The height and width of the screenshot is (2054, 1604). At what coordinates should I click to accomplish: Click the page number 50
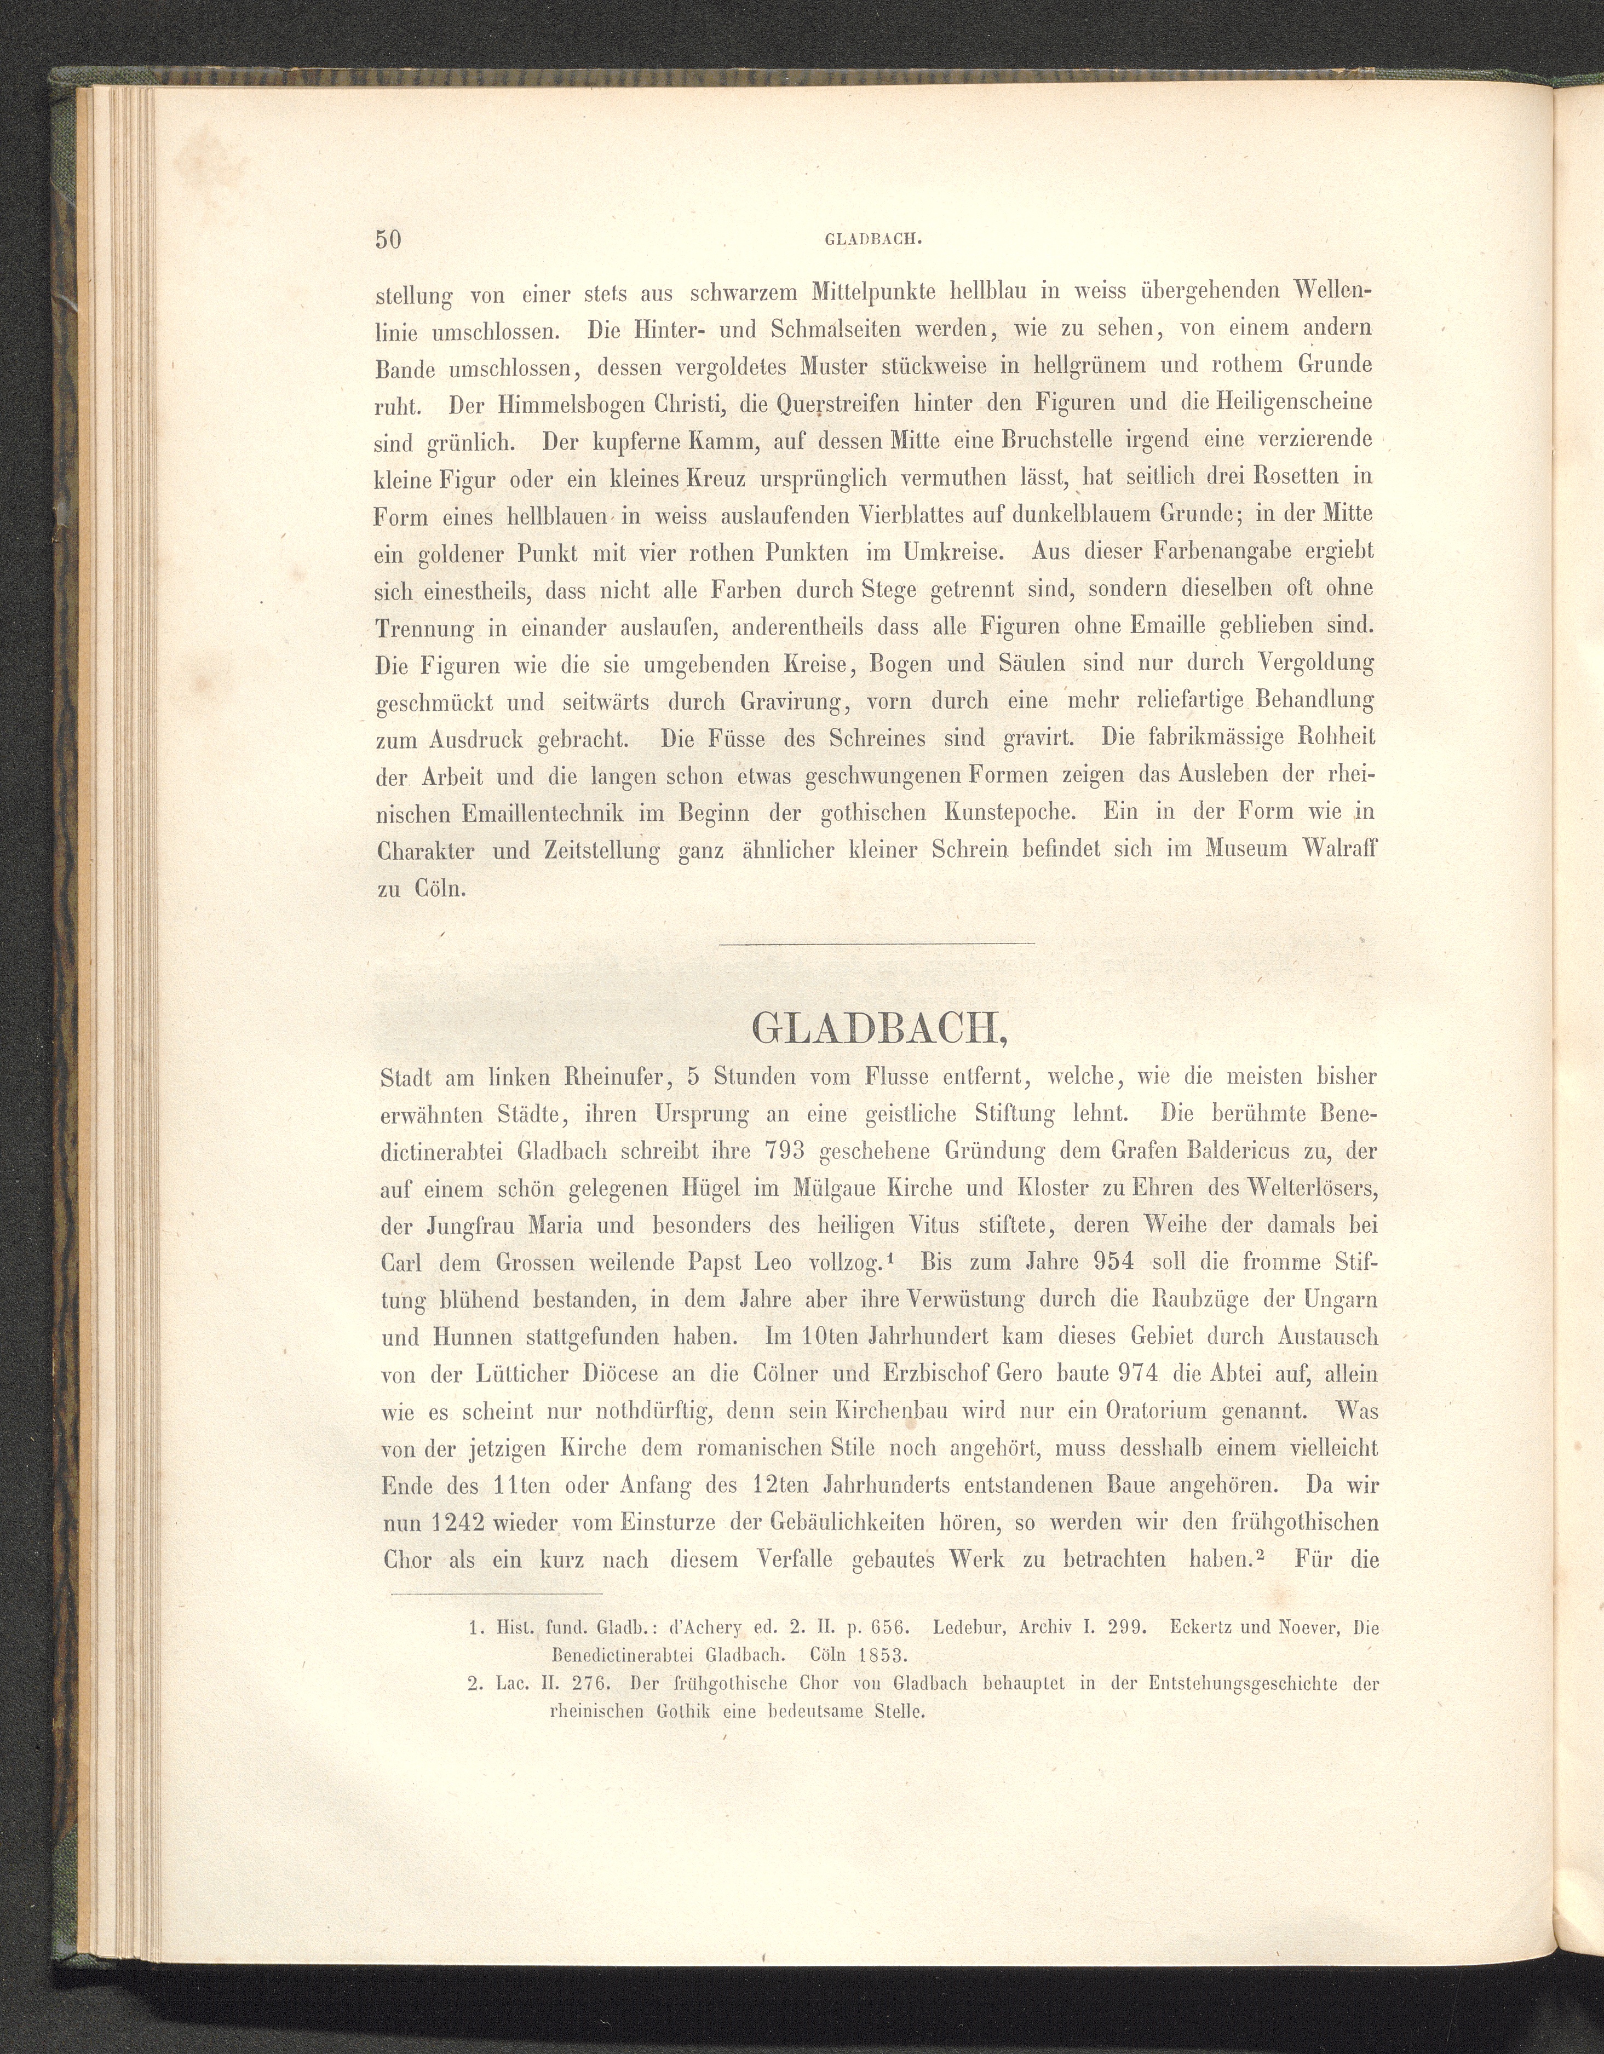pyautogui.click(x=388, y=239)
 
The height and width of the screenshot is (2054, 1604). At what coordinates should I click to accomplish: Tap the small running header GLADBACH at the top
pyautogui.click(x=871, y=240)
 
